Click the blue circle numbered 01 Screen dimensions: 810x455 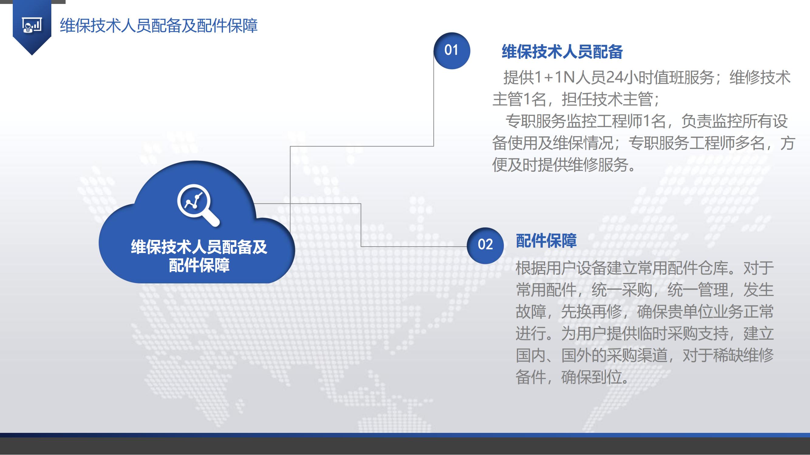coord(452,51)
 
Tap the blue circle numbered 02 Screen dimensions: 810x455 coord(485,245)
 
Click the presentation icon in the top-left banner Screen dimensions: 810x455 coord(32,25)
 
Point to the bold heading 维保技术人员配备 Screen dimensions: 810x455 coord(562,52)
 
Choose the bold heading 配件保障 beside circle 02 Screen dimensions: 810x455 coord(546,241)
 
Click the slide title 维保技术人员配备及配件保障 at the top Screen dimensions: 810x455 coord(159,26)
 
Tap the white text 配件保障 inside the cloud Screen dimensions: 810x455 coord(199,265)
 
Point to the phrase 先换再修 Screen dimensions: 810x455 coord(591,312)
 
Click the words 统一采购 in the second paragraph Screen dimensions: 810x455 coord(622,290)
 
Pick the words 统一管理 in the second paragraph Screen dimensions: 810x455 coord(698,290)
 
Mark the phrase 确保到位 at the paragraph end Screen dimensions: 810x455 coord(591,377)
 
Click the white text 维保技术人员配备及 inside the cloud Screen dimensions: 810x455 coord(199,247)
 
